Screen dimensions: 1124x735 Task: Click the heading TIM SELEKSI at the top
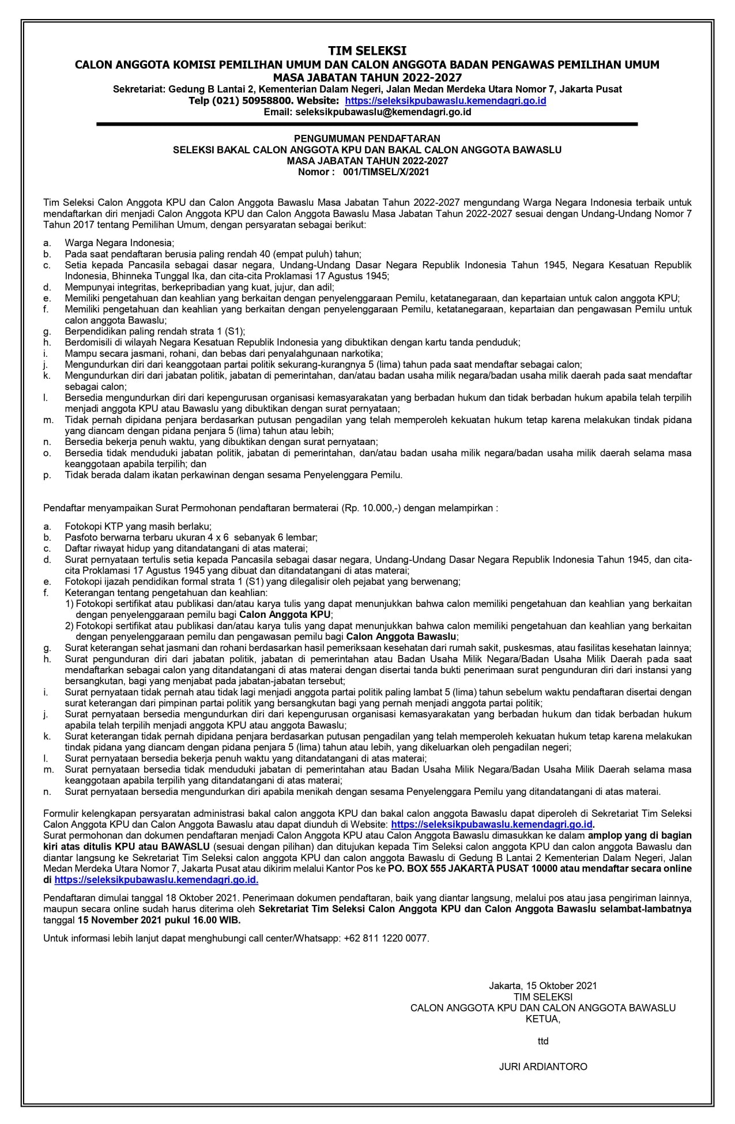(367, 51)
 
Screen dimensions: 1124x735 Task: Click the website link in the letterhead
(449, 101)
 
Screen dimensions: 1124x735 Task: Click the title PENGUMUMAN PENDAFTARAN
(367, 139)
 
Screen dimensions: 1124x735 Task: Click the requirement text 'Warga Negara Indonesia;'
(119, 243)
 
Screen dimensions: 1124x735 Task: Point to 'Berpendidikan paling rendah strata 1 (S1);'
(154, 331)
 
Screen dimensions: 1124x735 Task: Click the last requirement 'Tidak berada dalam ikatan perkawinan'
(233, 475)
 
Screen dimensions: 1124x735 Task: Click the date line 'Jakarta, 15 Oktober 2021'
(542, 986)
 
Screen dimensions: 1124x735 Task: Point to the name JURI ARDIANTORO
(542, 1066)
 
